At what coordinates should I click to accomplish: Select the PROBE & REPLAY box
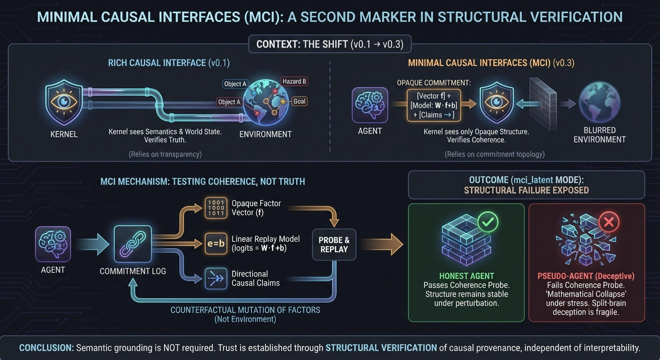click(334, 244)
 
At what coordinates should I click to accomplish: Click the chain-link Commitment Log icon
click(133, 244)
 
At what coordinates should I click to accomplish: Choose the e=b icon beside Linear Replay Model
click(215, 244)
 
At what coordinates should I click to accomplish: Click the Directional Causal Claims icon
click(215, 278)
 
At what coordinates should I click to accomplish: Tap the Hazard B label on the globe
click(294, 82)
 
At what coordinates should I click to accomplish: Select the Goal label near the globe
click(299, 101)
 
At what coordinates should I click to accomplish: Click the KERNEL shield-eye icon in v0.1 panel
click(63, 104)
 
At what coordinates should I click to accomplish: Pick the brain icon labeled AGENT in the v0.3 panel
click(369, 105)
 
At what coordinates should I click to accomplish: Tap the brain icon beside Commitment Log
click(52, 244)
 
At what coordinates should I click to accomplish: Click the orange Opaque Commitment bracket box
click(433, 104)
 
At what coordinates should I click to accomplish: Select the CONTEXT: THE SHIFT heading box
click(330, 45)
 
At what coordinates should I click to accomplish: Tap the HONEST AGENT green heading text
click(466, 276)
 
